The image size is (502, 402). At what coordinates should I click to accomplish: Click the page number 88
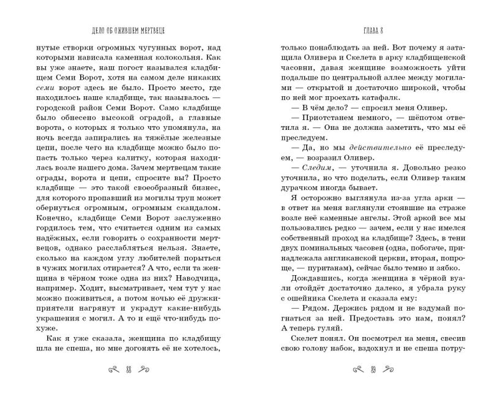tap(128, 370)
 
